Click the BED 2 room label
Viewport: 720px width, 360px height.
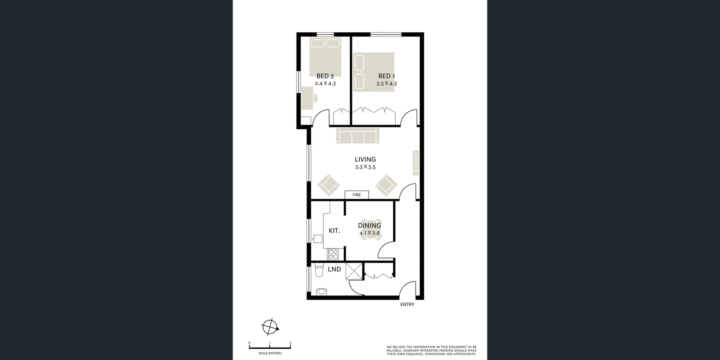click(x=325, y=76)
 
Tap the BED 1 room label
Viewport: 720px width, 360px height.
click(x=386, y=76)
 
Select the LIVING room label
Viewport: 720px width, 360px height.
click(x=365, y=159)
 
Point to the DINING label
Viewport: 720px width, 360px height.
click(x=369, y=225)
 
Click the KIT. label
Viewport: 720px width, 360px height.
click(x=334, y=231)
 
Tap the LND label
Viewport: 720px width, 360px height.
click(x=334, y=269)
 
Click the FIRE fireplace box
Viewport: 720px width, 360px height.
click(x=357, y=195)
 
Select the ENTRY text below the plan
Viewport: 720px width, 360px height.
click(x=407, y=304)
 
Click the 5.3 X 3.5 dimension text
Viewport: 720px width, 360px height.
click(x=365, y=167)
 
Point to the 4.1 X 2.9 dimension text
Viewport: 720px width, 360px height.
click(x=369, y=233)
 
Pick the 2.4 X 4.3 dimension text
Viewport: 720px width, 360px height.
click(x=325, y=84)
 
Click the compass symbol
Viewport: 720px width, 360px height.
click(x=270, y=327)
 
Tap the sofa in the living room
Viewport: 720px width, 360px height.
click(x=358, y=135)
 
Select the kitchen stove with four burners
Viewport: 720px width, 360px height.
click(x=333, y=254)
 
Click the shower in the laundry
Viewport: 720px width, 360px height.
click(x=354, y=271)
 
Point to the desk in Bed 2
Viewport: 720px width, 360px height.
click(x=307, y=98)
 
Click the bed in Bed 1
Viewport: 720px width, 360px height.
click(x=373, y=72)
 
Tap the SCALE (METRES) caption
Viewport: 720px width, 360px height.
click(x=270, y=353)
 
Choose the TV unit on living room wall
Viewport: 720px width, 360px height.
click(x=415, y=163)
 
